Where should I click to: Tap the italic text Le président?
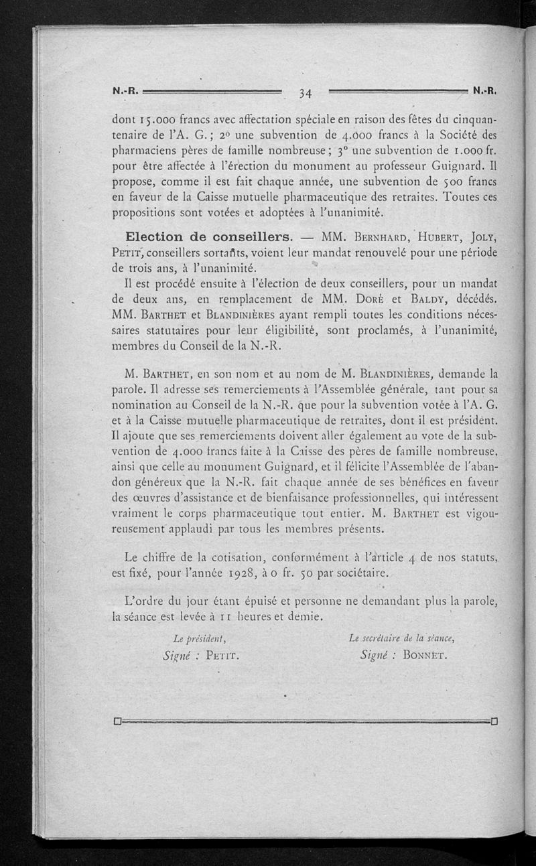[198, 638]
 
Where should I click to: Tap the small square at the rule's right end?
[495, 722]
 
